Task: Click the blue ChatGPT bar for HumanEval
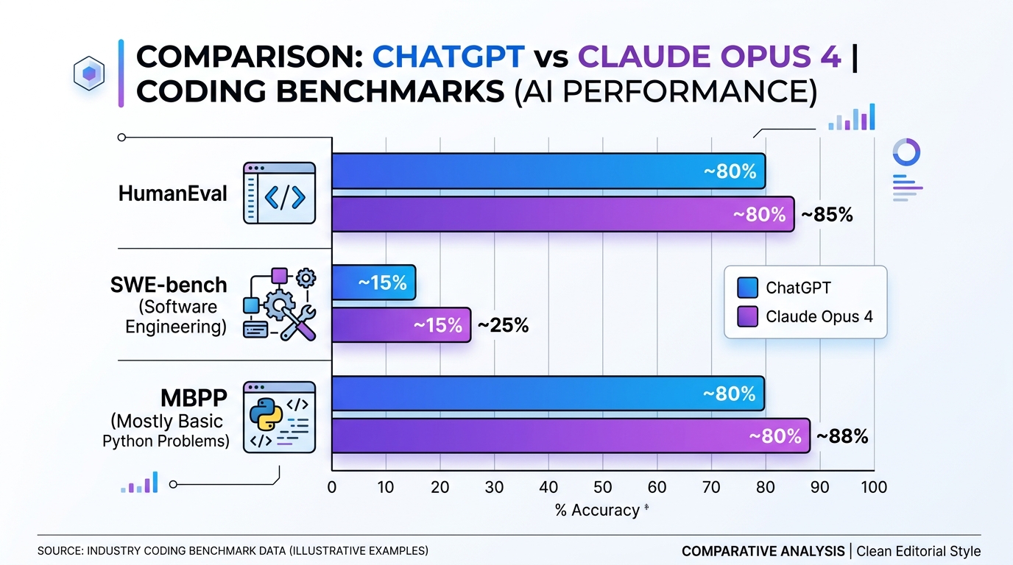click(x=548, y=171)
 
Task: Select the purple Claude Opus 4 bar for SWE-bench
click(x=401, y=324)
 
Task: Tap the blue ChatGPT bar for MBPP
click(x=548, y=394)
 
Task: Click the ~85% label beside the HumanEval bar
click(x=827, y=215)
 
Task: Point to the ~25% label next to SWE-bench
click(x=504, y=325)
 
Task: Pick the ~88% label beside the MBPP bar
click(x=842, y=436)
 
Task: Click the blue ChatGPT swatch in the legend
click(x=746, y=288)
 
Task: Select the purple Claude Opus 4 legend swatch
click(x=746, y=316)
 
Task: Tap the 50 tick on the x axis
click(x=602, y=487)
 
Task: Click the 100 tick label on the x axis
click(x=873, y=487)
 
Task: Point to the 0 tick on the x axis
click(x=332, y=487)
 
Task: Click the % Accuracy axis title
click(x=598, y=510)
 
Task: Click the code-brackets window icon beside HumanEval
click(x=279, y=193)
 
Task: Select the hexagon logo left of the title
click(x=88, y=73)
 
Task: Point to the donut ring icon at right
click(x=906, y=152)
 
